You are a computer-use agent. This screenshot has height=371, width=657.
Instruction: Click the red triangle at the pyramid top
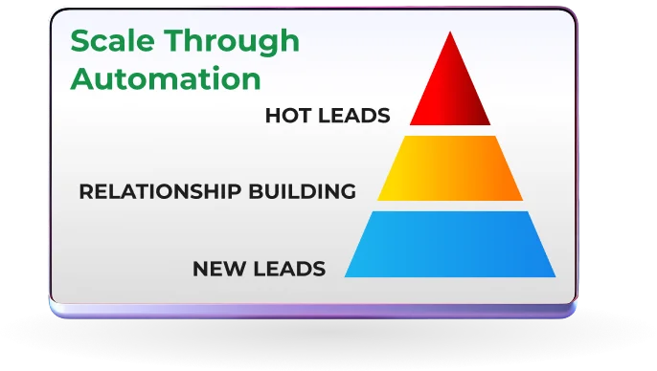pos(449,91)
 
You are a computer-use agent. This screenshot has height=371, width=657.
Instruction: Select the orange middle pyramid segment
pos(450,168)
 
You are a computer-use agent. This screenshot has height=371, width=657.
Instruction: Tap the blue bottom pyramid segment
pos(450,244)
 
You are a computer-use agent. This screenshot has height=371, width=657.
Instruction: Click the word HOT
pos(289,117)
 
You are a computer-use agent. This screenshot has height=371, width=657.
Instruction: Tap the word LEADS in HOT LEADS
pos(355,117)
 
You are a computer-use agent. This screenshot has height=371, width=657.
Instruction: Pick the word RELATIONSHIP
pos(147,191)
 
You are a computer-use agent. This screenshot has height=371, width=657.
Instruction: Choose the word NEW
pos(217,268)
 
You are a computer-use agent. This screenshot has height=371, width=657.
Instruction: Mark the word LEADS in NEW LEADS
pos(290,268)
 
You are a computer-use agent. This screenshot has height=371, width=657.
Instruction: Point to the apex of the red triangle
pos(449,32)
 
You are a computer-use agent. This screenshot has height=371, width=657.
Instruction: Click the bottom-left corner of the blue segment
pos(346,276)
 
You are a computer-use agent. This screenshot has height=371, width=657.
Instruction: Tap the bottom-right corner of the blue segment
pos(555,276)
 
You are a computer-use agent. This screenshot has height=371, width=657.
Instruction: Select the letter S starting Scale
pos(79,42)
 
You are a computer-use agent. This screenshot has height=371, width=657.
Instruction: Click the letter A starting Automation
pos(80,76)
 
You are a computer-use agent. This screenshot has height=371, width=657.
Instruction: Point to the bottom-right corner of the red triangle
pos(490,125)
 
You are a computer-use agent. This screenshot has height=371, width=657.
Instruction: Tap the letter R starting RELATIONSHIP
pos(85,191)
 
